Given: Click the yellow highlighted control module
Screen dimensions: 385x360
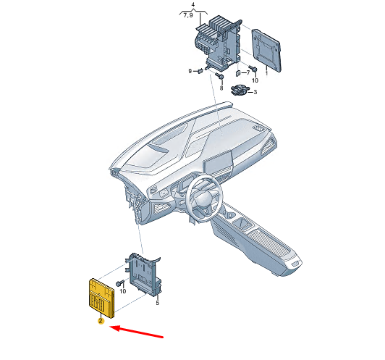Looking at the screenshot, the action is coord(101,298).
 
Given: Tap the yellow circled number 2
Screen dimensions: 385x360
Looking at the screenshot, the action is coord(101,321).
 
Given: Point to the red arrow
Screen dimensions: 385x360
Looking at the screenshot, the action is coord(136,332).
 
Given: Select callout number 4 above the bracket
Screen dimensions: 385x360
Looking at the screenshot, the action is coord(193,4).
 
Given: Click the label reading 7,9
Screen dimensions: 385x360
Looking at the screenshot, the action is coord(188,15).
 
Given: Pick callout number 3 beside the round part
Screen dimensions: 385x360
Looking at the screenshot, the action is coord(255,92).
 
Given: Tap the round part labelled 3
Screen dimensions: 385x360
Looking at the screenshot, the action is coord(239,90).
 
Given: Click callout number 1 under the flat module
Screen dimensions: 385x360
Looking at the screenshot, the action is coord(266,73).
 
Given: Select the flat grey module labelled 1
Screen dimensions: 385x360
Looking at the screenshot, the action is coord(266,50).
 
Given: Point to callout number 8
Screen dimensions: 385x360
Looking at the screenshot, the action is coord(221,88).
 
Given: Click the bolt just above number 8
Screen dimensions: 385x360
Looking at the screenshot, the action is coord(219,76).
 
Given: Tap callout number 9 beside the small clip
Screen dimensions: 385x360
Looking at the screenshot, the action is coord(190,71).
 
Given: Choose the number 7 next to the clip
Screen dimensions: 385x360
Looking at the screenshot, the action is coord(248,72).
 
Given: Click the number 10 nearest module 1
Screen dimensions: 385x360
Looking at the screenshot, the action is coord(255,80).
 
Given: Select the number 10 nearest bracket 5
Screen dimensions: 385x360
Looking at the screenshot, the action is coord(122,291).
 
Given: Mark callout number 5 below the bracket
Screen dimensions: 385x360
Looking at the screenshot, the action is coord(157,303).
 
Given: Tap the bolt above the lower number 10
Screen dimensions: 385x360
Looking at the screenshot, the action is coord(120,283).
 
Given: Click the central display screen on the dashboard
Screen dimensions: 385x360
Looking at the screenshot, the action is coord(218,162).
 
